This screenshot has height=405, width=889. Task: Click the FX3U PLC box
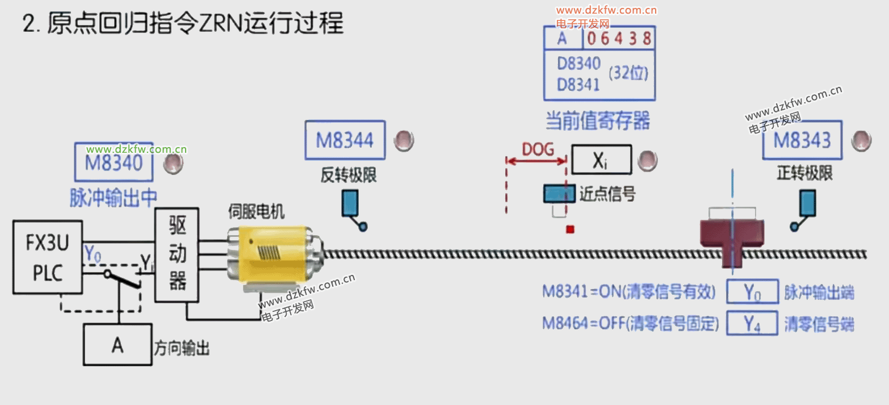pyautogui.click(x=48, y=257)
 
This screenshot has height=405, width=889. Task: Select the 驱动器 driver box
pyautogui.click(x=177, y=254)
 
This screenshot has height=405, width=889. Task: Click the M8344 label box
pyautogui.click(x=345, y=140)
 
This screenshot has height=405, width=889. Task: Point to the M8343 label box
pyautogui.click(x=802, y=140)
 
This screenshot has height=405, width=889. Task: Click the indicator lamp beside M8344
pyautogui.click(x=404, y=140)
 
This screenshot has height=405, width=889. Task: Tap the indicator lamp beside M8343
pyautogui.click(x=861, y=140)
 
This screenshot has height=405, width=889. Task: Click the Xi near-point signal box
pyautogui.click(x=601, y=160)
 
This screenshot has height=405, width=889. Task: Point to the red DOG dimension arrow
pyautogui.click(x=536, y=162)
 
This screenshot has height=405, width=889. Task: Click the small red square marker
pyautogui.click(x=571, y=229)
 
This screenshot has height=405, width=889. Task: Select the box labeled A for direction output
pyautogui.click(x=118, y=344)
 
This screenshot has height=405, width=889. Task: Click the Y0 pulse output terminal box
pyautogui.click(x=752, y=293)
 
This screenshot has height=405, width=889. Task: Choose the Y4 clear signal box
pyautogui.click(x=752, y=324)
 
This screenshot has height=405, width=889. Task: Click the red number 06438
pyautogui.click(x=618, y=39)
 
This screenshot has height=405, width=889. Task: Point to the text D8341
pyautogui.click(x=578, y=85)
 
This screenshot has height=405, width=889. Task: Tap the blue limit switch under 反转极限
pyautogui.click(x=350, y=204)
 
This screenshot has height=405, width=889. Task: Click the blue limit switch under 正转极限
pyautogui.click(x=807, y=203)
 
